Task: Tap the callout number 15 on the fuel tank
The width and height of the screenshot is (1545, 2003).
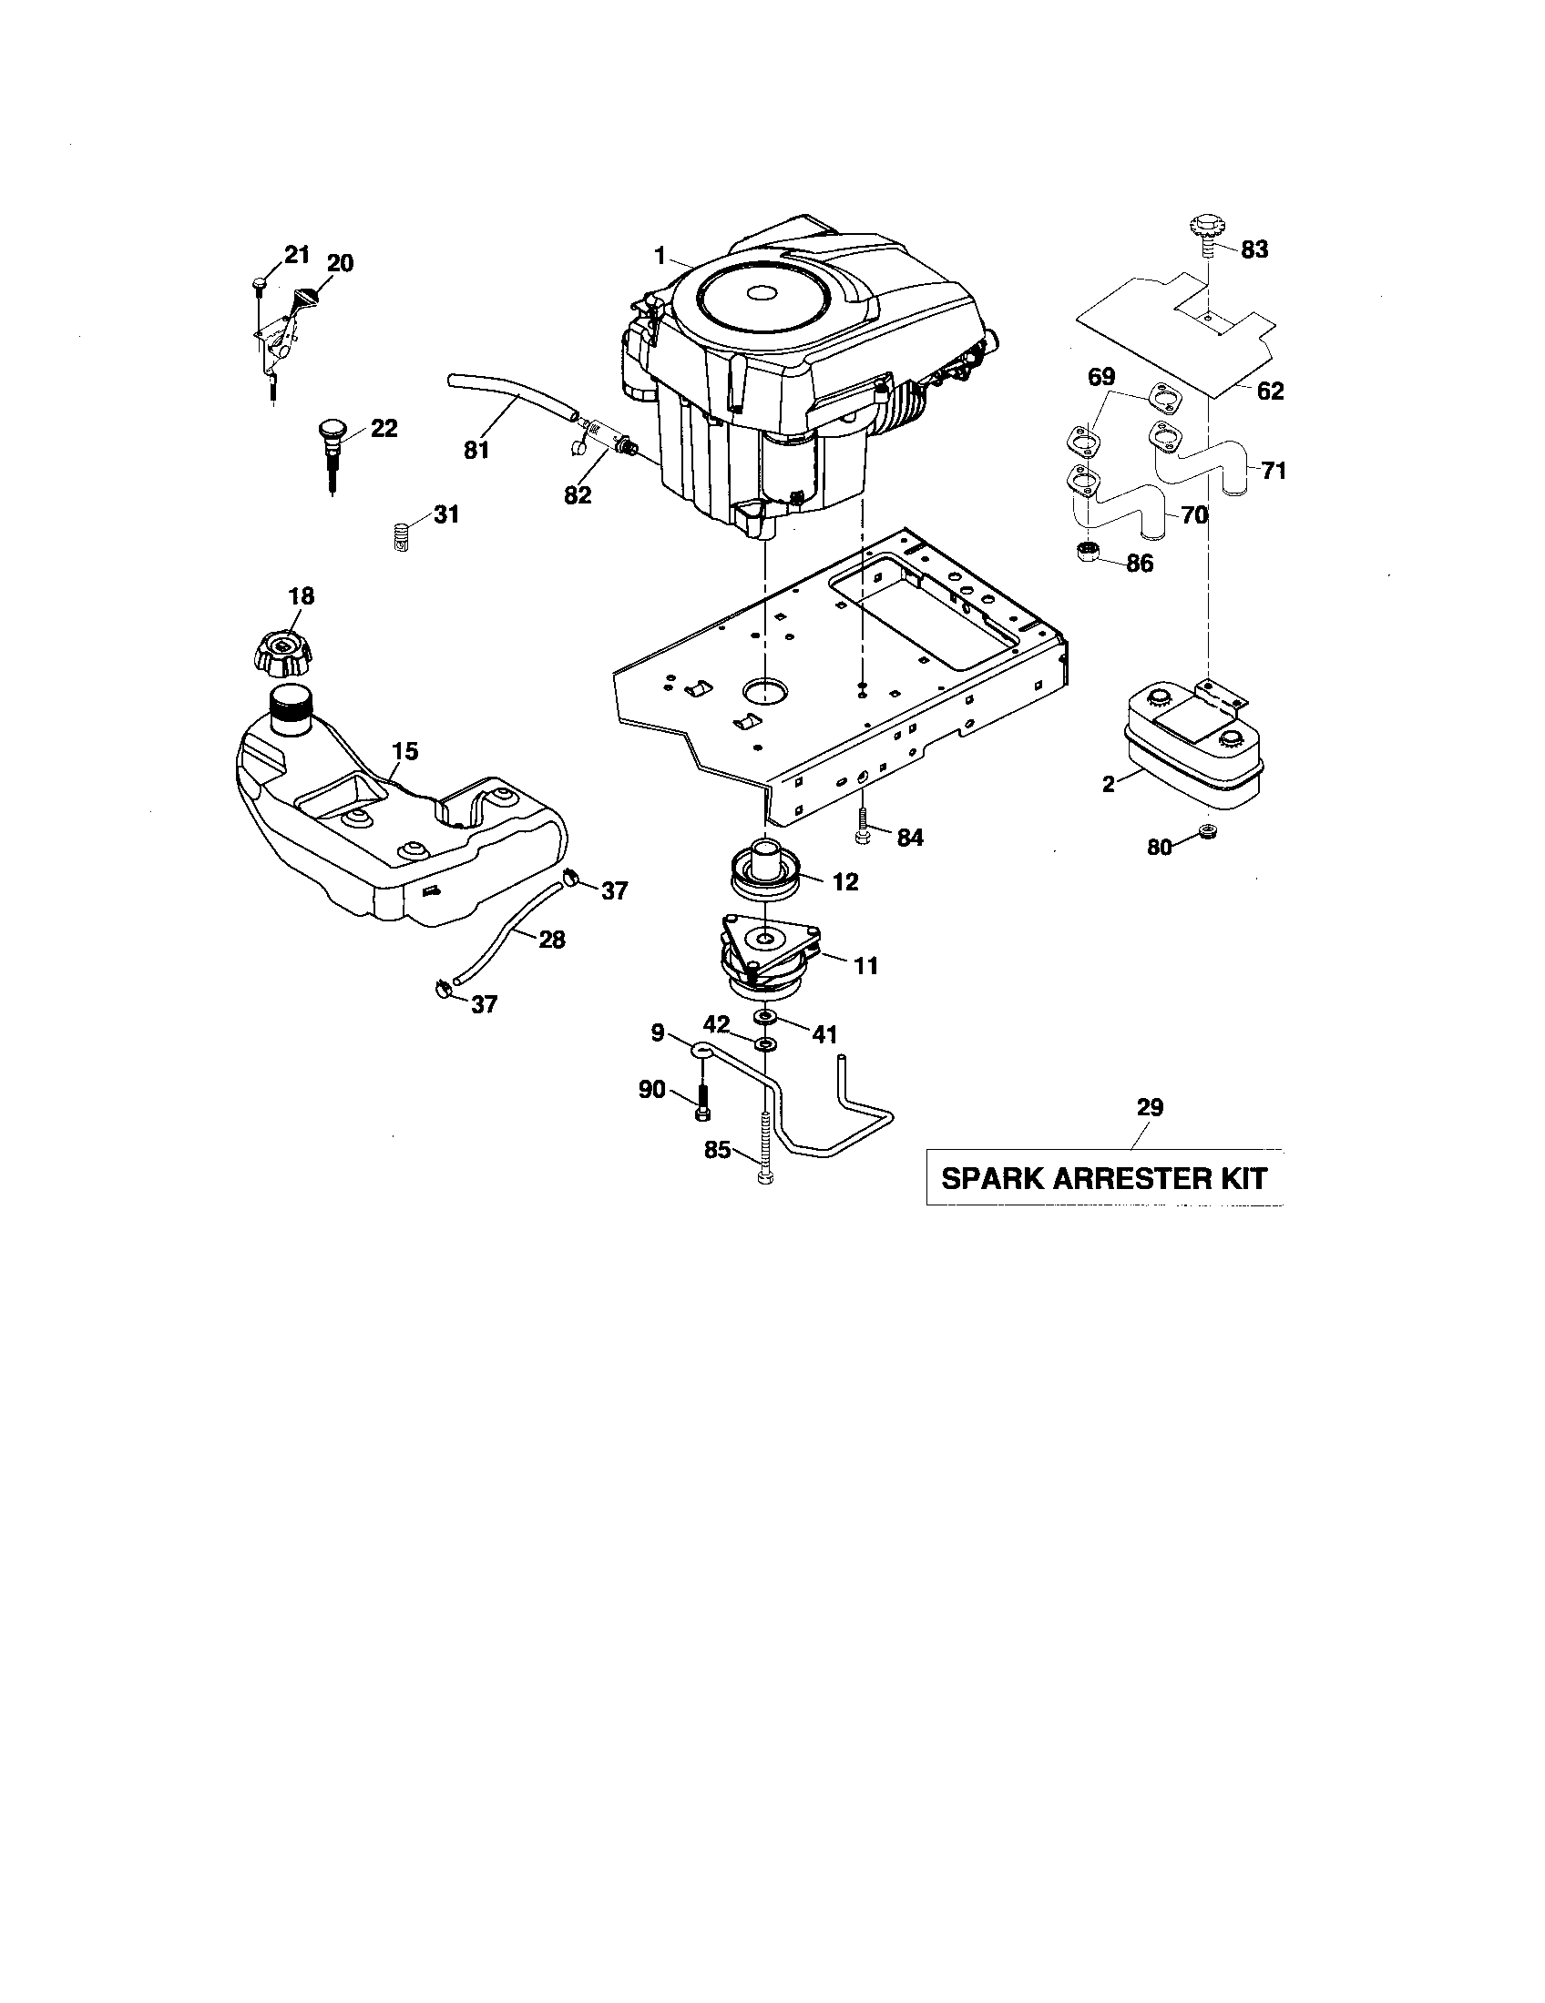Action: click(x=404, y=752)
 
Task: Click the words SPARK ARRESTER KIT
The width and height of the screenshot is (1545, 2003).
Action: click(x=1104, y=1178)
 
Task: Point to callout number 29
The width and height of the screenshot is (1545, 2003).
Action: click(x=1150, y=1108)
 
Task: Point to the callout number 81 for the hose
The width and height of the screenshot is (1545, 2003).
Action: click(x=476, y=450)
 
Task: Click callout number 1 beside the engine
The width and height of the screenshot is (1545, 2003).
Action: click(x=659, y=256)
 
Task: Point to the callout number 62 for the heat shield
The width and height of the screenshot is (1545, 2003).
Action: click(x=1271, y=391)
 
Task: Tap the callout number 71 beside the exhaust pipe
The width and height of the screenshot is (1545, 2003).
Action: click(x=1273, y=472)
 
